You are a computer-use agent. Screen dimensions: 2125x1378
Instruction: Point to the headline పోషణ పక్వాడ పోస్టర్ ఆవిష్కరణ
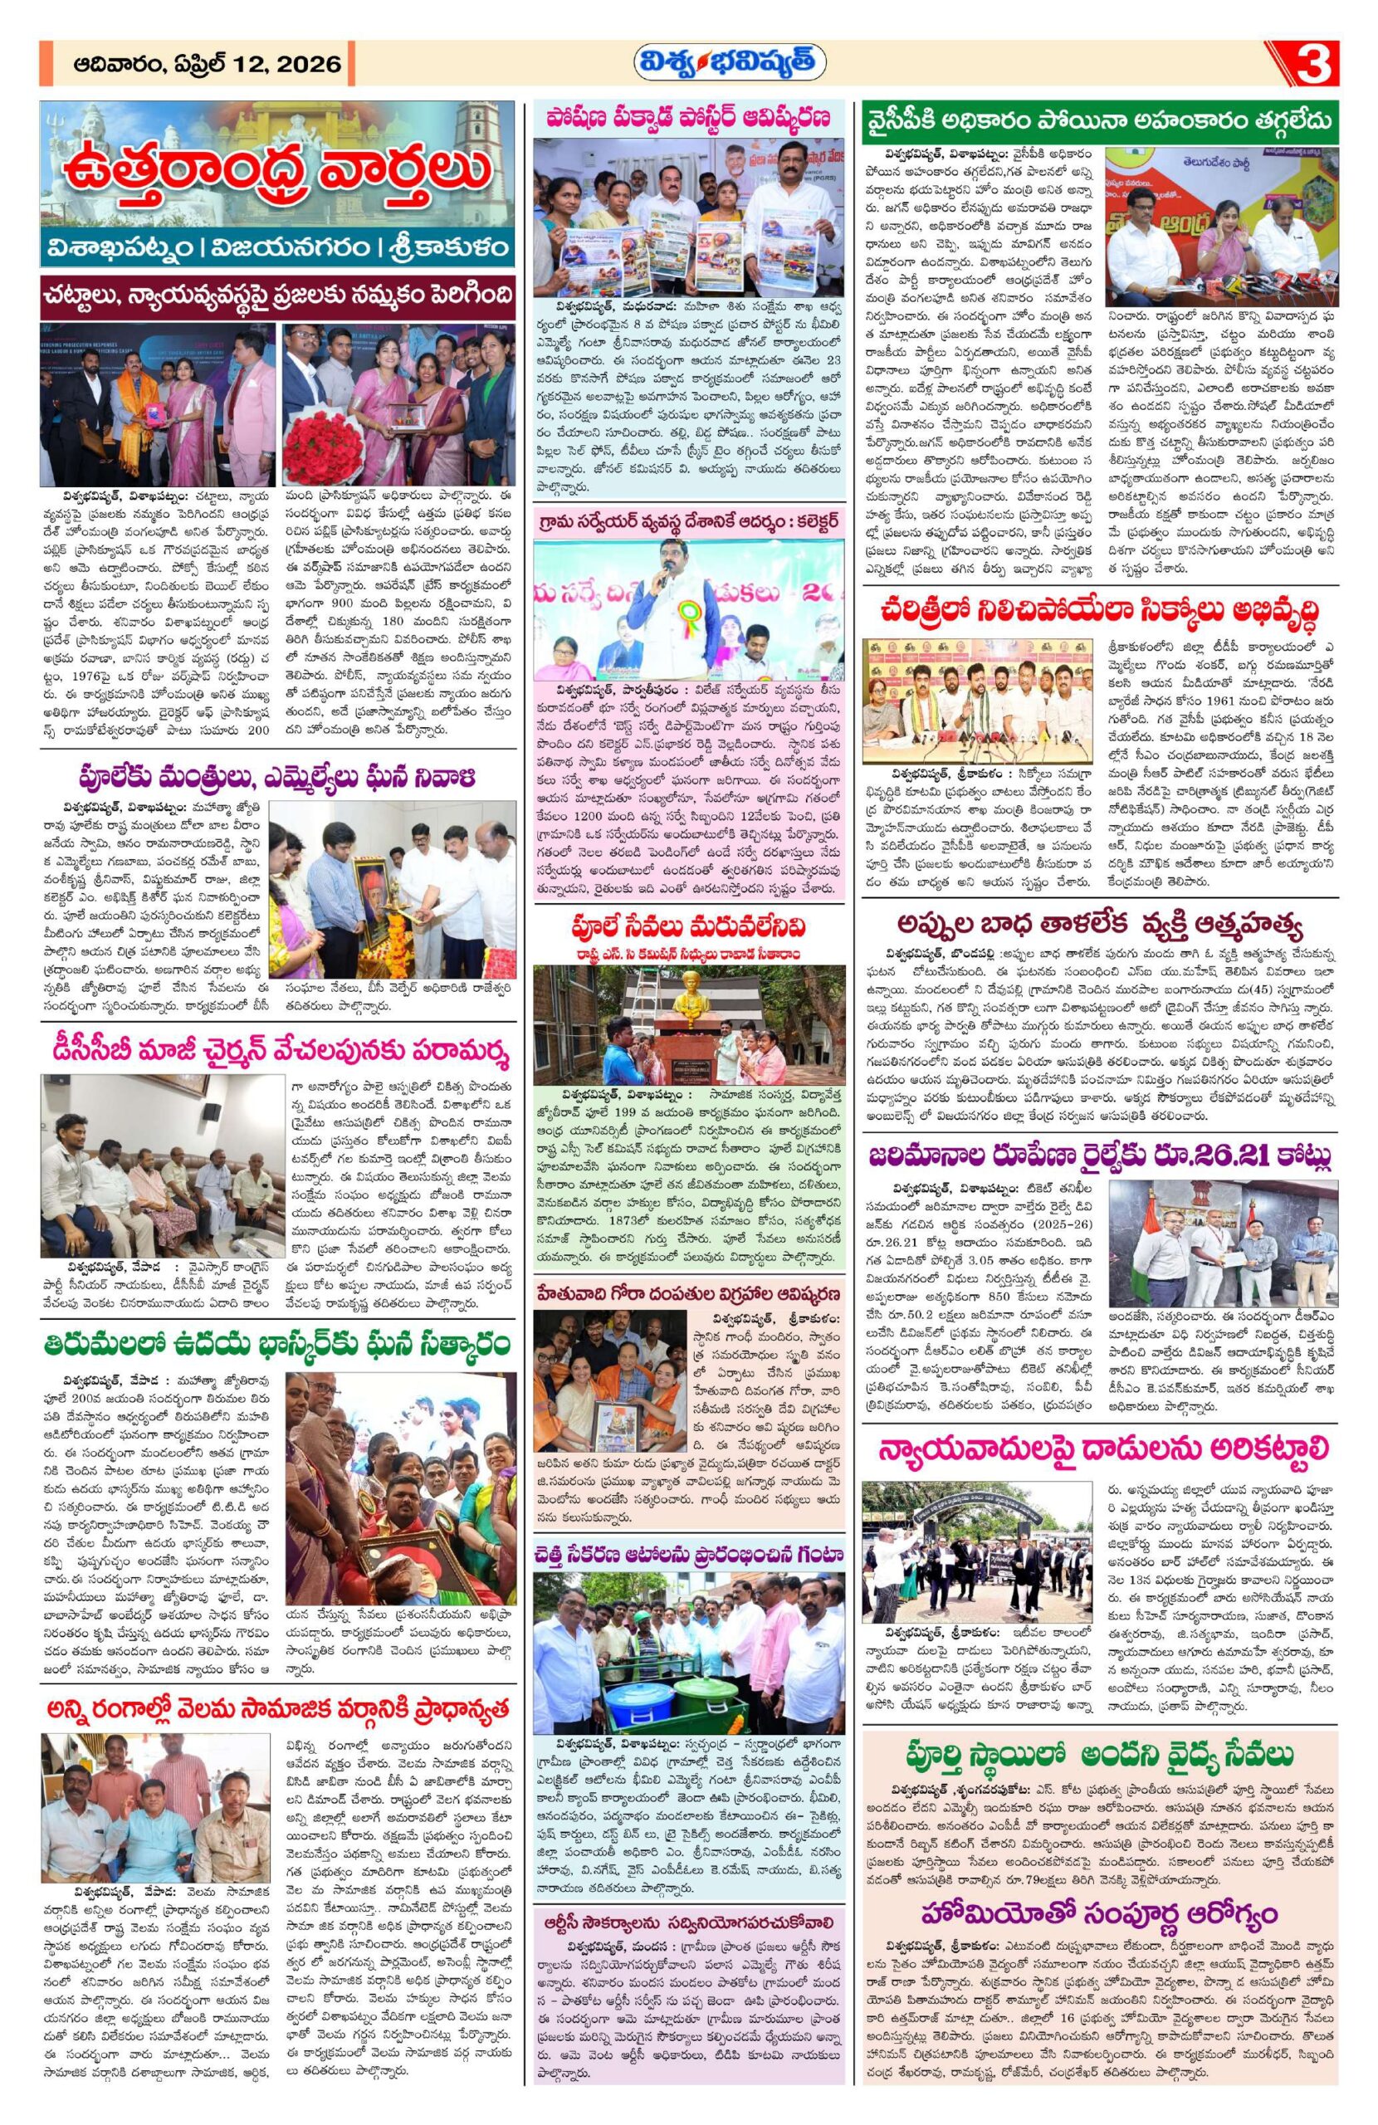(x=688, y=118)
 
